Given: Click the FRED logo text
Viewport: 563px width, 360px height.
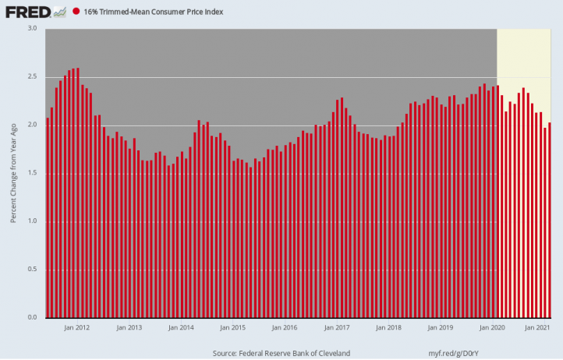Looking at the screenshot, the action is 28,12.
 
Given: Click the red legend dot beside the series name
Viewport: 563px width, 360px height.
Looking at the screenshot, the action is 76,12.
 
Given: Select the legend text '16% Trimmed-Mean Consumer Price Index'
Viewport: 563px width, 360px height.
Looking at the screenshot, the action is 154,12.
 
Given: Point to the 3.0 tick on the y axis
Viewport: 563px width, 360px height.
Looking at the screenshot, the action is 32,28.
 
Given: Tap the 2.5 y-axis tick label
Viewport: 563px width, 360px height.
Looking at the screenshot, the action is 32,77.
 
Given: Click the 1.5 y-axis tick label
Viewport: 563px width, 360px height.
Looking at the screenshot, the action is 32,173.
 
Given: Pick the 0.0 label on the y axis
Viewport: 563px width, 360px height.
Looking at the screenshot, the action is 32,317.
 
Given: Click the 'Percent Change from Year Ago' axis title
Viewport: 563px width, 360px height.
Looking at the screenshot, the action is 13,173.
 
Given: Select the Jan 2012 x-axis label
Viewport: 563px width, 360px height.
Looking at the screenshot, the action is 77,327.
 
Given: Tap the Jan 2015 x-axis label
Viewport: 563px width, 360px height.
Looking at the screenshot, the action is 232,327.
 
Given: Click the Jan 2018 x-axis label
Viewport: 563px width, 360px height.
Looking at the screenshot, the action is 388,327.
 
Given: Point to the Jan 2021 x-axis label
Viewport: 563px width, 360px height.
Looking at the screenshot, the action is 537,327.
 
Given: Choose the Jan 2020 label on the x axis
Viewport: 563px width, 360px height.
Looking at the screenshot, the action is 492,327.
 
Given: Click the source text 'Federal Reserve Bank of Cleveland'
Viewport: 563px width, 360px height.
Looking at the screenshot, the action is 295,353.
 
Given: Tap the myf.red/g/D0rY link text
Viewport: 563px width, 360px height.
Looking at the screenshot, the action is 454,353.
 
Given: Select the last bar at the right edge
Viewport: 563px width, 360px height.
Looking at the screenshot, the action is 550,221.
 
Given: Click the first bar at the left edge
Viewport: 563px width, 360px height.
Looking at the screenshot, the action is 48,218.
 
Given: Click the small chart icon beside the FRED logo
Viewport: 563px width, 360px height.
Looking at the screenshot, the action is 60,12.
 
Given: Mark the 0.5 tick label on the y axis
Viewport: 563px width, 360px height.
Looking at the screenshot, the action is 32,269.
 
